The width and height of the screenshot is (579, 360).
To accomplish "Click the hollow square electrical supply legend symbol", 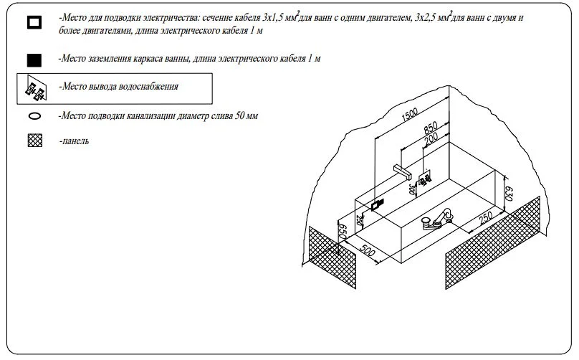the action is point(34,22).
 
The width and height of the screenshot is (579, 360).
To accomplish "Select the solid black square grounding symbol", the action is point(34,60).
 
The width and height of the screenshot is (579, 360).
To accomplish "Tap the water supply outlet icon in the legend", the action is point(36,89).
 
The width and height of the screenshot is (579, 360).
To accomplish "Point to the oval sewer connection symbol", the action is point(34,116).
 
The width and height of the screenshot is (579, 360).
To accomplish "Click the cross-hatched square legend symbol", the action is point(35,141).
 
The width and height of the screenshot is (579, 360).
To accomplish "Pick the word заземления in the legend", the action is point(110,58).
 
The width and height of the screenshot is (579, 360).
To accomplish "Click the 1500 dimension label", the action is point(409,114).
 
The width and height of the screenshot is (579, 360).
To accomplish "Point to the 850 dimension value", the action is point(431,128).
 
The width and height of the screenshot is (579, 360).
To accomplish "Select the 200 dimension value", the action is point(431,139).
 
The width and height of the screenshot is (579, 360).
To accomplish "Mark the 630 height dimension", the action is point(509,194).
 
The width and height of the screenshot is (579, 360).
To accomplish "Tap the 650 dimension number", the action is point(343,231).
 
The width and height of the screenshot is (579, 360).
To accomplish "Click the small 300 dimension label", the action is point(412,189).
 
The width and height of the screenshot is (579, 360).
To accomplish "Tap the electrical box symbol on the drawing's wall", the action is point(378,204).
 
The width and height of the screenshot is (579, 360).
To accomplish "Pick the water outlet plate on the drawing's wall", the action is point(425,179).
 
